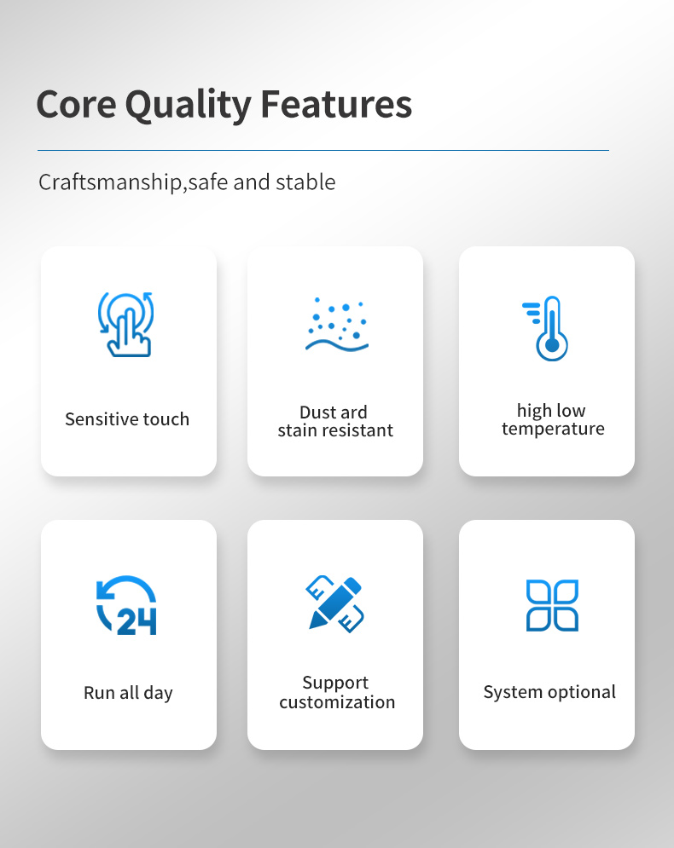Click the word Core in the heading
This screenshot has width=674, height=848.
76,104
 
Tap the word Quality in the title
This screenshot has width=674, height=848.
189,105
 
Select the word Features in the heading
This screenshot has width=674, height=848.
336,104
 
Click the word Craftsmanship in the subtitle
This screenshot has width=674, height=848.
111,182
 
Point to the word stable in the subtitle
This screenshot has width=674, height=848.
305,182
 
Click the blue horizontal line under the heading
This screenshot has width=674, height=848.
323,150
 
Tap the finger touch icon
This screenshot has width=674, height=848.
125,324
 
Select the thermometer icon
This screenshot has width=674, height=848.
546,328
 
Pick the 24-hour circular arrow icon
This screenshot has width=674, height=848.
126,604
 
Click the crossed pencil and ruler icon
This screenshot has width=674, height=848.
335,604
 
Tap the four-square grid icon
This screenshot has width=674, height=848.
552,605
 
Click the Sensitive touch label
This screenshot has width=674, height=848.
127,419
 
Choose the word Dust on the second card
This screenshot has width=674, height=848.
317,412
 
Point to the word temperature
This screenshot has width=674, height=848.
553,429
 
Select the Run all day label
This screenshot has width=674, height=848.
128,693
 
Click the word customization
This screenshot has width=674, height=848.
337,702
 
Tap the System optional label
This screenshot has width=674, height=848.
549,692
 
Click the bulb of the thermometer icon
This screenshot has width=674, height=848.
552,345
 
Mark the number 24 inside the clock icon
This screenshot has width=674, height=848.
137,621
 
